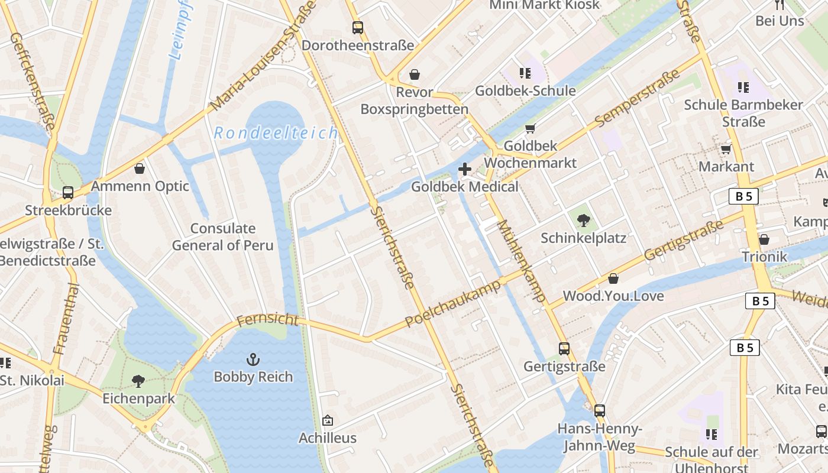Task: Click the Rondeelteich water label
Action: pyautogui.click(x=276, y=133)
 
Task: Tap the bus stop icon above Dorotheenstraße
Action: pyautogui.click(x=357, y=27)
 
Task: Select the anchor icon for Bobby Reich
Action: pyautogui.click(x=253, y=359)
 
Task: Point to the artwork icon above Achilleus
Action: pyautogui.click(x=328, y=420)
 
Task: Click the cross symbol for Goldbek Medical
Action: pyautogui.click(x=465, y=169)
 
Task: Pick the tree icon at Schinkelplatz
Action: pyautogui.click(x=584, y=221)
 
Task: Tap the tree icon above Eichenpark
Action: pyautogui.click(x=138, y=381)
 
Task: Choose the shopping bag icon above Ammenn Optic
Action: pyautogui.click(x=140, y=169)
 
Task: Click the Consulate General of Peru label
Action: pyautogui.click(x=222, y=237)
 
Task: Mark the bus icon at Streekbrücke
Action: pyautogui.click(x=68, y=193)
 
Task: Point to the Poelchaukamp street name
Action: pyautogui.click(x=454, y=303)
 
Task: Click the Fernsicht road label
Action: pyautogui.click(x=267, y=320)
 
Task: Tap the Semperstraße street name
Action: pyautogui.click(x=638, y=98)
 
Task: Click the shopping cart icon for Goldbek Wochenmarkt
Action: pyautogui.click(x=531, y=128)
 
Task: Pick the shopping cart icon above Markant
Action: pyautogui.click(x=726, y=149)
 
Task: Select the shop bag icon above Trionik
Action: pyautogui.click(x=764, y=239)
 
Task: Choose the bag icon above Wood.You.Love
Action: pyautogui.click(x=613, y=278)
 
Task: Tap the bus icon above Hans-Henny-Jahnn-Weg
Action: pyautogui.click(x=600, y=410)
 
